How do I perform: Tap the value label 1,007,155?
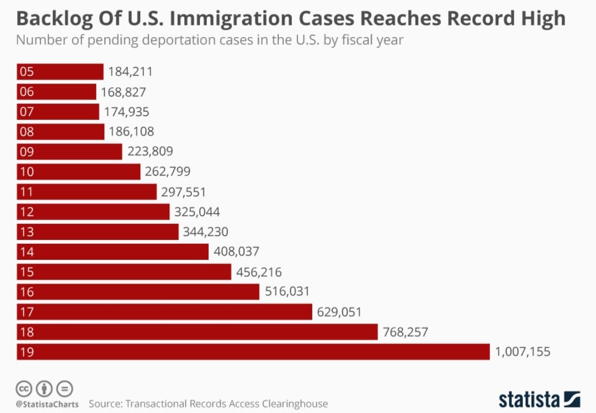(523, 352)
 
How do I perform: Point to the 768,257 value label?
(405, 332)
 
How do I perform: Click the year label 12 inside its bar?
(26, 212)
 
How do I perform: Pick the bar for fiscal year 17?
(164, 312)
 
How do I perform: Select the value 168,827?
(123, 92)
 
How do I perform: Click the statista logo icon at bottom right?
(572, 399)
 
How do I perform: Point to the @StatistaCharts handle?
(47, 404)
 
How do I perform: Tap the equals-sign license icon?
(65, 389)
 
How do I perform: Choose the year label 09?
(26, 151)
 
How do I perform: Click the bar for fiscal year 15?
(124, 272)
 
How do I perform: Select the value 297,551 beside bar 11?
(183, 192)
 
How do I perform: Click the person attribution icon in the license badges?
(45, 389)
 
